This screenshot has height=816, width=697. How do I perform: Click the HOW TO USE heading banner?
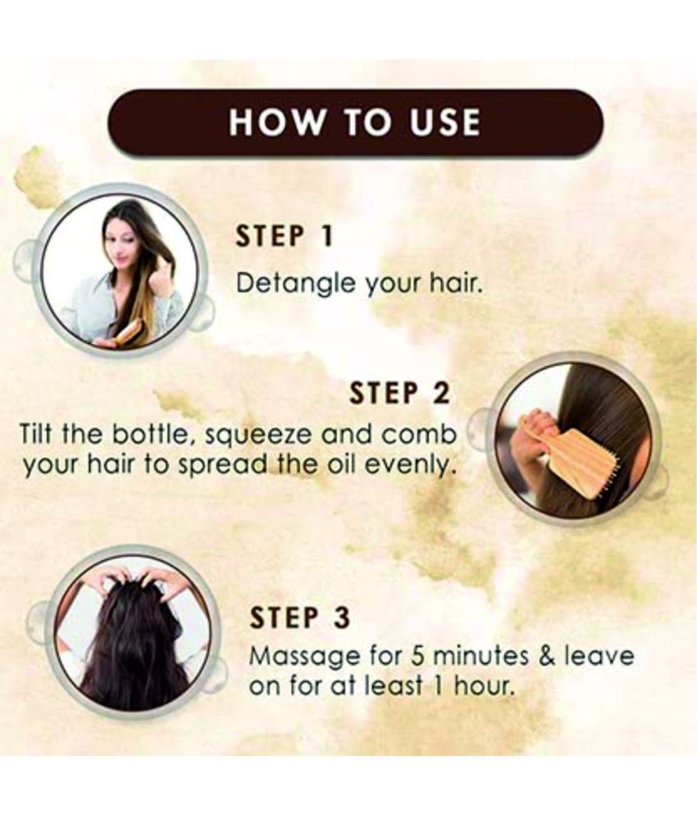click(x=355, y=122)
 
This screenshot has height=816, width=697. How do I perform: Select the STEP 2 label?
click(x=399, y=394)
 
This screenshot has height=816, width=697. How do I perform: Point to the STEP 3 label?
click(x=298, y=616)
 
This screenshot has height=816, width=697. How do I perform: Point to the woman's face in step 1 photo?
click(x=125, y=246)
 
